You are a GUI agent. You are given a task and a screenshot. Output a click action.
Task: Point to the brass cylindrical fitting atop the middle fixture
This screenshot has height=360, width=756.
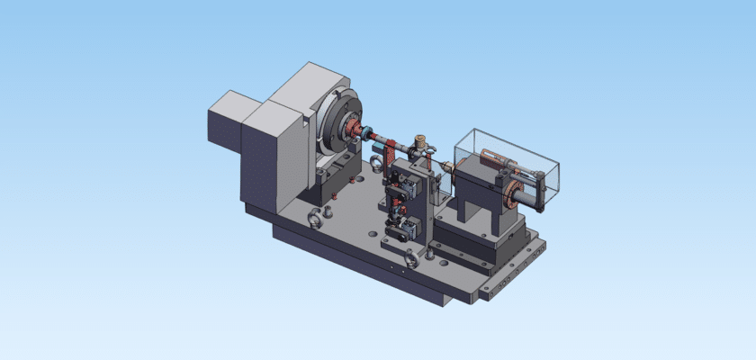point(418,143)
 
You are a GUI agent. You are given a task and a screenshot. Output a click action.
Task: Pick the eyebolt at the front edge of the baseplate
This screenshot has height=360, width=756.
point(409,260)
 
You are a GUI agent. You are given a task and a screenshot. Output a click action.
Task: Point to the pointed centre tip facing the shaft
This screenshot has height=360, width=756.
point(446,166)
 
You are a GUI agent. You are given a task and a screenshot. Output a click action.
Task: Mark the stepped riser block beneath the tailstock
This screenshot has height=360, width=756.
point(468,247)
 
